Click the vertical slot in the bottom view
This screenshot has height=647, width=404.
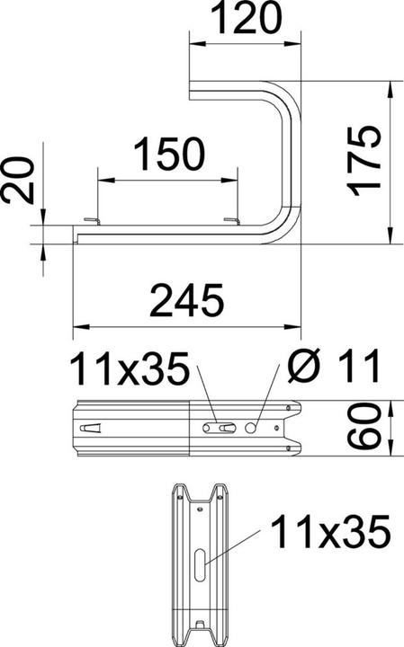click(x=198, y=569)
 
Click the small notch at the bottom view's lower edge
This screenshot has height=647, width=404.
click(x=198, y=625)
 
